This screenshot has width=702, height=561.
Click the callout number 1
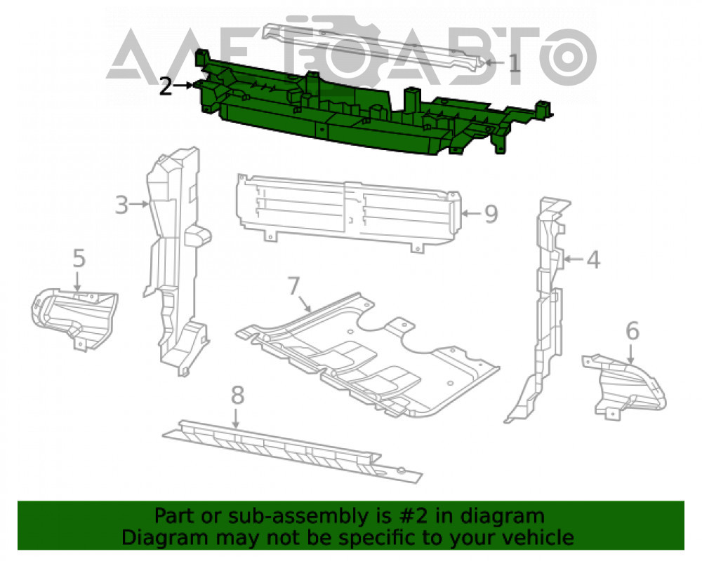[515, 63]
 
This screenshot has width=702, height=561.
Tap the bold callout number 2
[166, 86]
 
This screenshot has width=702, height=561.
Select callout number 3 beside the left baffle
[121, 205]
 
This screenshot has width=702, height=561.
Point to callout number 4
[593, 259]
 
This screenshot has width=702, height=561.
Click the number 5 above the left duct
[79, 259]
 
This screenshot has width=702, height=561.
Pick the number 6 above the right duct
[633, 331]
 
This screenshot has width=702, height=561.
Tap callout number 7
[293, 286]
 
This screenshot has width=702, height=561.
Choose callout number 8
[237, 396]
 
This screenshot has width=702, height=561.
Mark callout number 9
[491, 214]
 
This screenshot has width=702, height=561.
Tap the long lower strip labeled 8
[291, 451]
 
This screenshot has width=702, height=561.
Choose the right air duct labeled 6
[625, 386]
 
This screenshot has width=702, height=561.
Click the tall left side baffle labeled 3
[177, 262]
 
